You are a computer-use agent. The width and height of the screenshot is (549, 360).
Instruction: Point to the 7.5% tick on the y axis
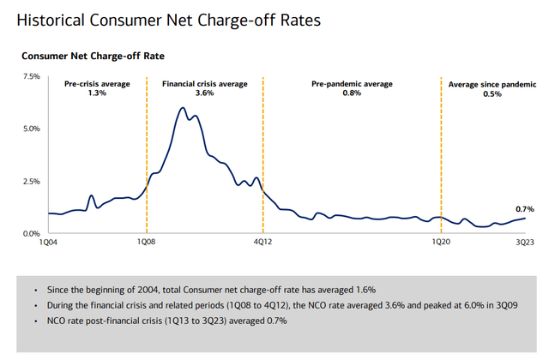point(31,76)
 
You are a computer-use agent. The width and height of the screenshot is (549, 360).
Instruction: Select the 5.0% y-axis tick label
point(31,129)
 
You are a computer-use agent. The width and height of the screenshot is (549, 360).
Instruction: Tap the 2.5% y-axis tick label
point(31,181)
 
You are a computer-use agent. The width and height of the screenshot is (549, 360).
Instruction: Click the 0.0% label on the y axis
point(31,233)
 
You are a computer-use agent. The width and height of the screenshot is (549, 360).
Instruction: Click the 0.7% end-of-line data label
point(525,208)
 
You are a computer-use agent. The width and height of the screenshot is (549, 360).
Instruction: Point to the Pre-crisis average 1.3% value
point(97,93)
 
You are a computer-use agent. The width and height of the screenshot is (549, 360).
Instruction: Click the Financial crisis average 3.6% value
point(205,93)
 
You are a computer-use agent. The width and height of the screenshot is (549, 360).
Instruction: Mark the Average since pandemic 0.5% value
point(493,93)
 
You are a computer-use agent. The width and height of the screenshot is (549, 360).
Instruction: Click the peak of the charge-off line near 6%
point(183,108)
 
